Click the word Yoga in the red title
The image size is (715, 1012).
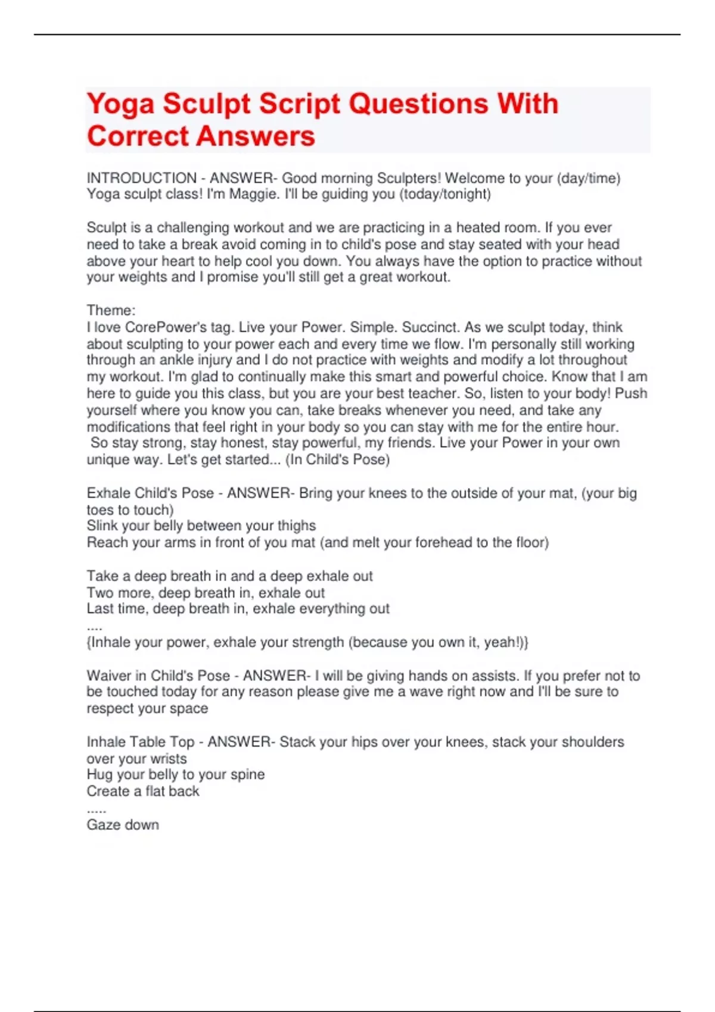(x=120, y=104)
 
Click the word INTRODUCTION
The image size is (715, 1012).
(x=142, y=178)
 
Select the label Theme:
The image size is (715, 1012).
(x=111, y=310)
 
